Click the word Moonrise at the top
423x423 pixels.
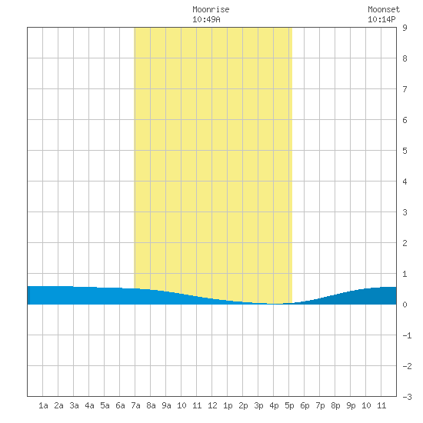(211, 9)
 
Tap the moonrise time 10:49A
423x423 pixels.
(206, 19)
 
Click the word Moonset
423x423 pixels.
(384, 9)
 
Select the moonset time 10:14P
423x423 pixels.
(381, 19)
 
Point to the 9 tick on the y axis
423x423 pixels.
(405, 28)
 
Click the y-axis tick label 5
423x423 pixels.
(405, 151)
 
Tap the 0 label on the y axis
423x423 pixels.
(405, 305)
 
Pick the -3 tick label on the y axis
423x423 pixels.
(407, 397)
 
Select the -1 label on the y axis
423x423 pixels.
(407, 335)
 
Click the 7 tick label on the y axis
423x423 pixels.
(405, 89)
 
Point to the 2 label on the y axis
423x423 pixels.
(405, 243)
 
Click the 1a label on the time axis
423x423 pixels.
(43, 405)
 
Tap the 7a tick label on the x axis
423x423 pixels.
(135, 405)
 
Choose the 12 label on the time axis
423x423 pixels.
(212, 405)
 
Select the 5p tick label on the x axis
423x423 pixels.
(289, 405)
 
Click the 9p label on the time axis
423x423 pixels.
(351, 405)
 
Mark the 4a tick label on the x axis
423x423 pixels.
(89, 405)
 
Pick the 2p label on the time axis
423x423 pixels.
(243, 405)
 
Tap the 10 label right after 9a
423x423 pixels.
(182, 405)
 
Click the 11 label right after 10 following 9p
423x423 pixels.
(381, 405)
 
